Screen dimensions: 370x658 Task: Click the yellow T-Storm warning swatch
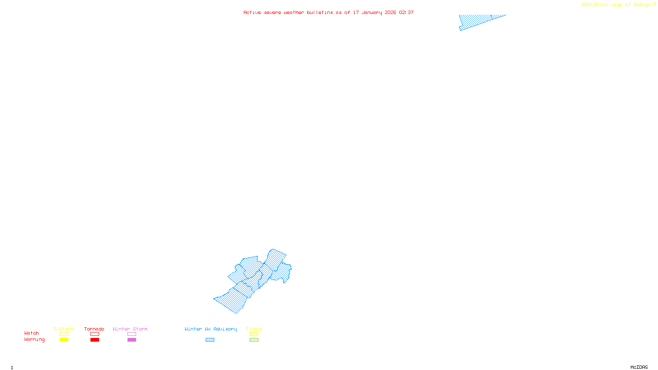click(64, 340)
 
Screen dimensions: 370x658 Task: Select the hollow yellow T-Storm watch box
click(64, 334)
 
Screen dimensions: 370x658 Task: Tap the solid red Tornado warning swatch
click(95, 340)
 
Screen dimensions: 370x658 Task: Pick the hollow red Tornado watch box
click(95, 334)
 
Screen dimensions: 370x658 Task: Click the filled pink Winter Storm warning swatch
click(132, 340)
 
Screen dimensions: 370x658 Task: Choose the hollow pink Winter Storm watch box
click(132, 334)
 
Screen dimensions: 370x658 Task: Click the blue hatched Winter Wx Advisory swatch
click(210, 340)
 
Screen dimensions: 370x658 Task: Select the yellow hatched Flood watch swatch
click(254, 334)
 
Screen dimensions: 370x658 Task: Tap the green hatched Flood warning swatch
click(254, 340)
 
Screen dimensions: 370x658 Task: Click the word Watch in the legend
click(32, 333)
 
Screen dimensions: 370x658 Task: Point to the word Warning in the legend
click(34, 340)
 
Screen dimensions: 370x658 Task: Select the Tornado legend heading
click(94, 329)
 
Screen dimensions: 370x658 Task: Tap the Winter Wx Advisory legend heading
click(211, 329)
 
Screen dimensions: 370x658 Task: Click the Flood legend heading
click(254, 329)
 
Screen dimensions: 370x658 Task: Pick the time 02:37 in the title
click(406, 12)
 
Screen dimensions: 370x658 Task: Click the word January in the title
click(372, 12)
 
